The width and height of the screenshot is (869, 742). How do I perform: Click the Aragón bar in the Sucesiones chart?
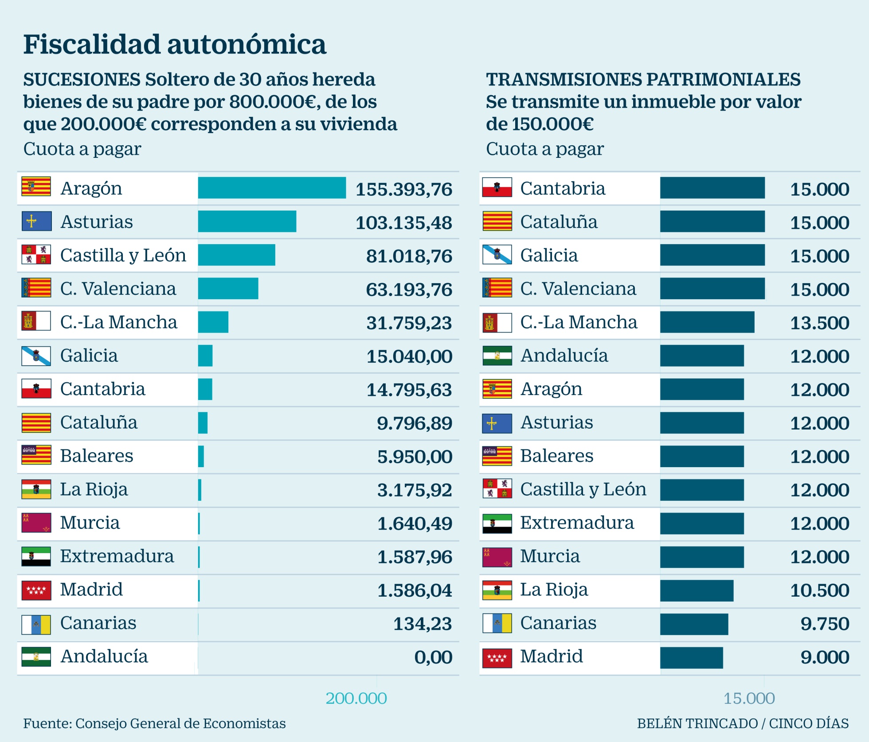tap(272, 188)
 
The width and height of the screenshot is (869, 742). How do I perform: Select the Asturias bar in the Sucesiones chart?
tap(247, 221)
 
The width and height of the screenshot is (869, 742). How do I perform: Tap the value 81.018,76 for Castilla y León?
tap(409, 256)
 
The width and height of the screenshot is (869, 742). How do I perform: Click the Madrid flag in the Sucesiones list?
tap(36, 590)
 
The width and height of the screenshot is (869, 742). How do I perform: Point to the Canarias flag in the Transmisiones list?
tap(497, 623)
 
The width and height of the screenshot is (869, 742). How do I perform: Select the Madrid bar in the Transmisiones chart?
tap(691, 657)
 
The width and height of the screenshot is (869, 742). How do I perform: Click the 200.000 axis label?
tap(356, 699)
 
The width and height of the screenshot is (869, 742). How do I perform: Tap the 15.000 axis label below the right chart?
tap(749, 699)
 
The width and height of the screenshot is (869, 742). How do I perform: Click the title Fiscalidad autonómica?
tap(175, 44)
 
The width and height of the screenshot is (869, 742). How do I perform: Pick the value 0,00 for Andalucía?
tap(433, 657)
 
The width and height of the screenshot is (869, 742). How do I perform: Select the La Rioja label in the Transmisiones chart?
tap(554, 590)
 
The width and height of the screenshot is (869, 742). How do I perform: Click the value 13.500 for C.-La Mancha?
tap(819, 323)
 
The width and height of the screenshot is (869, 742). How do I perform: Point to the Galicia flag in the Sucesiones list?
tap(36, 355)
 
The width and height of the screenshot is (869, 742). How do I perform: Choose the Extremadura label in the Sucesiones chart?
tap(117, 556)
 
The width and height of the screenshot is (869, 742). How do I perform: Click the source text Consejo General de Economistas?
tap(180, 723)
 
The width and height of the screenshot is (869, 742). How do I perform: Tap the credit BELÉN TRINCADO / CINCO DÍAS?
tap(743, 723)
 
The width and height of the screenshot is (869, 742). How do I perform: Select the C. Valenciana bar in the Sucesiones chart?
tap(228, 289)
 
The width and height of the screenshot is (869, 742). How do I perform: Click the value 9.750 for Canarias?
tap(825, 624)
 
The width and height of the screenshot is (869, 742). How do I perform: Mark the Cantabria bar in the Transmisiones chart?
tap(712, 188)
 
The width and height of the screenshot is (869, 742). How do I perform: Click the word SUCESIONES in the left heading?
tap(82, 80)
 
